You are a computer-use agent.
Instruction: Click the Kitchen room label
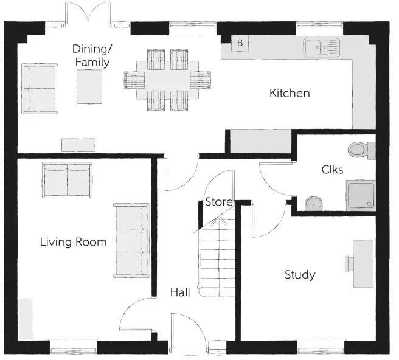point(290,93)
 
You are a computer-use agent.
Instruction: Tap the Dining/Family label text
point(91,55)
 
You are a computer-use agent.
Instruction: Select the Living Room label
point(73,242)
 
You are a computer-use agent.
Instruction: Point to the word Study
point(300,275)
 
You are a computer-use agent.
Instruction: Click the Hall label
point(179,292)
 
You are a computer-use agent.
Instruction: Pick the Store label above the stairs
point(217,202)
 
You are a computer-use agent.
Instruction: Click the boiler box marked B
point(240,43)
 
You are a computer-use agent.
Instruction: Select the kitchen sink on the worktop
point(320,46)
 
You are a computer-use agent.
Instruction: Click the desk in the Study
point(364,263)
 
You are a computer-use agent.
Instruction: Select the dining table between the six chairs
point(167,79)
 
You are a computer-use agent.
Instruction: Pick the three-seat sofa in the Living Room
point(131,240)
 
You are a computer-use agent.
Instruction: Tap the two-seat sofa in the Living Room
point(66,180)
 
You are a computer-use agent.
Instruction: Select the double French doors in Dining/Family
point(89,15)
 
